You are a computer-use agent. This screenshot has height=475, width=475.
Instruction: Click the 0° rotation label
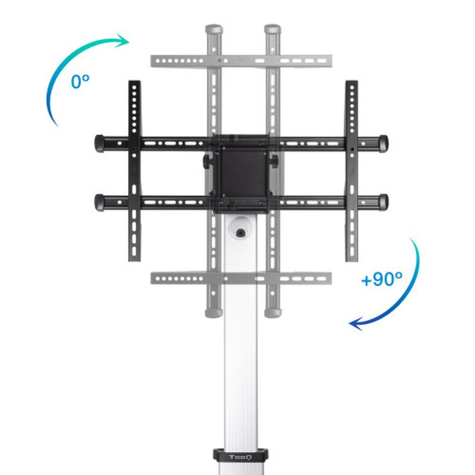[80, 81]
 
